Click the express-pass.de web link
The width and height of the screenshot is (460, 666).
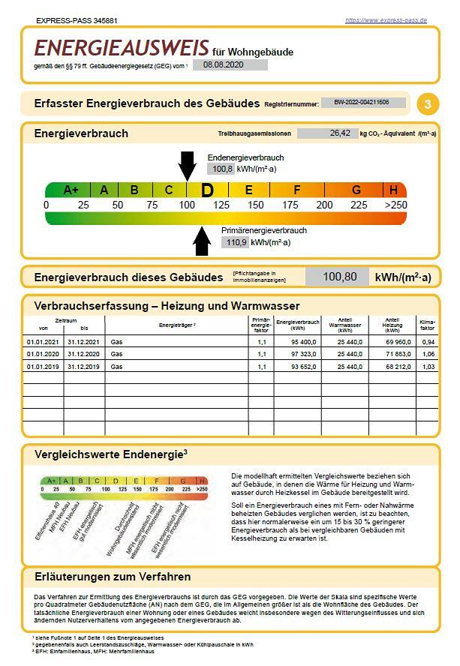pos(386,20)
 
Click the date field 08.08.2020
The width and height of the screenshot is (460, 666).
pos(224,64)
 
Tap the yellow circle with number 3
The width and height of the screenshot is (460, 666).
pos(428,104)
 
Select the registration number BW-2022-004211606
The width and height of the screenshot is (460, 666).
pos(362,103)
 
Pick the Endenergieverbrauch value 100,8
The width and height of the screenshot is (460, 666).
pos(222,169)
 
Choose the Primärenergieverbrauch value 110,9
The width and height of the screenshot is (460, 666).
pos(235,242)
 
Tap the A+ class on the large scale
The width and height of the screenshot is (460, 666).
pos(71,190)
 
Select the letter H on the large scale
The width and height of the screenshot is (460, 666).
pos(393,190)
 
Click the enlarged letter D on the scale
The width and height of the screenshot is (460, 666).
pos(207,190)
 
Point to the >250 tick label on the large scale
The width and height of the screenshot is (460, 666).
pos(395,205)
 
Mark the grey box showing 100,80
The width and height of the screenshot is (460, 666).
pos(337,277)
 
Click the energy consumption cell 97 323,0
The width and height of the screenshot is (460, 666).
pos(297,354)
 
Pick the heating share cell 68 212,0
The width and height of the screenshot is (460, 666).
pos(392,367)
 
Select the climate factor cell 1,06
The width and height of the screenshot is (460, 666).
pos(428,354)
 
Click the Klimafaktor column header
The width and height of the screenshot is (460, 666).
pos(428,325)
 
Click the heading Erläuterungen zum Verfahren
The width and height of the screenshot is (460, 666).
pos(113,577)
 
